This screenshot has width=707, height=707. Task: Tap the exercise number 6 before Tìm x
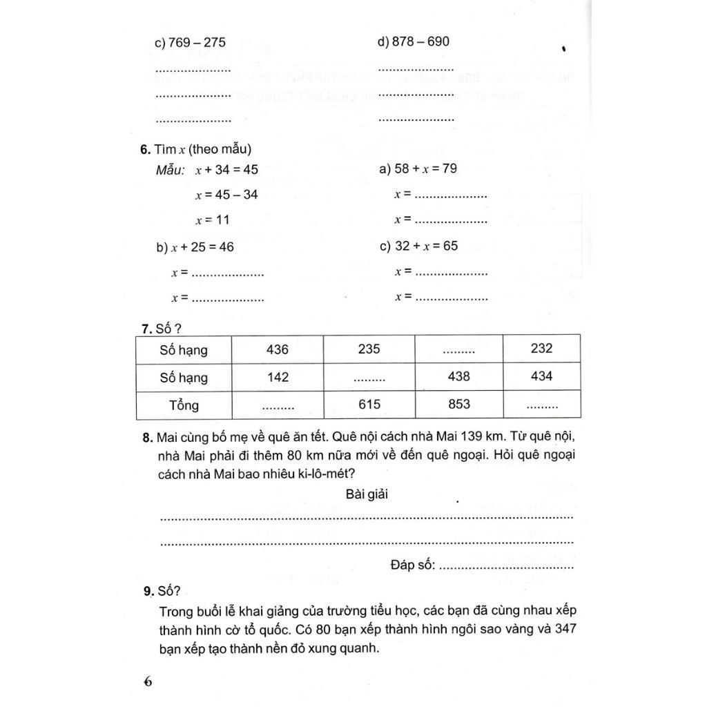click(143, 149)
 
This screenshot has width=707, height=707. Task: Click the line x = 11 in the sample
click(212, 220)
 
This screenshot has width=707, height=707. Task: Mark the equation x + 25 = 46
click(195, 247)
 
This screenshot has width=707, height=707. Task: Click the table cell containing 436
click(278, 349)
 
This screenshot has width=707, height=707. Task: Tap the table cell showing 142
click(278, 377)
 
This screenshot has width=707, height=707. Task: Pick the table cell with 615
click(369, 405)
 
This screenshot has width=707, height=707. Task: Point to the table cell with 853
click(459, 405)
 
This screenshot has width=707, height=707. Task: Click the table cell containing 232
click(542, 349)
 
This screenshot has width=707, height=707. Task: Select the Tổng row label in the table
click(184, 405)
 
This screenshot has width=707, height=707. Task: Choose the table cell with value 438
click(459, 377)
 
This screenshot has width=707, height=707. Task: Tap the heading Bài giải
click(368, 494)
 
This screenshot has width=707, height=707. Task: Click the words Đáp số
click(412, 565)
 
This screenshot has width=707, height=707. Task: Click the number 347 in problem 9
click(564, 630)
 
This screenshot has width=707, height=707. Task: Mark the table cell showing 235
click(369, 349)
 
